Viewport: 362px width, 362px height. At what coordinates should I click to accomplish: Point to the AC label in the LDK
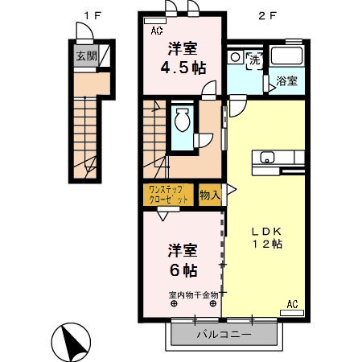point(292,303)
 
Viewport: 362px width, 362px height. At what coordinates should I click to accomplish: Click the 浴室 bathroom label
point(287,81)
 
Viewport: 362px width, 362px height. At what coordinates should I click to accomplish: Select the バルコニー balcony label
point(224,334)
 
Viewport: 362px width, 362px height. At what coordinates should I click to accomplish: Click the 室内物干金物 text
point(193,294)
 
